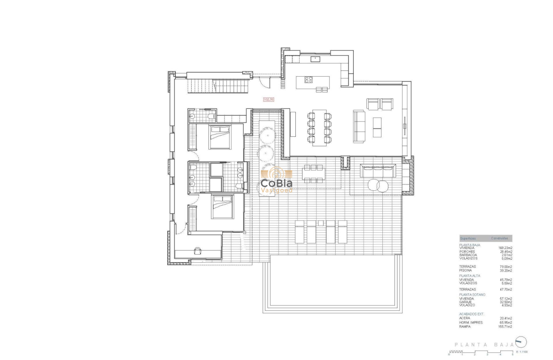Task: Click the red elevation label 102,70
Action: (x=269, y=99)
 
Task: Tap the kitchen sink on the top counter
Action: (x=316, y=58)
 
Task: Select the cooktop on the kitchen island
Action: (x=309, y=79)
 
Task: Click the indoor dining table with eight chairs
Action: (x=319, y=128)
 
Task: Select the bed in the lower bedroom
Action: (x=222, y=207)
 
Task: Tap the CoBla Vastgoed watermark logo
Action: (x=277, y=180)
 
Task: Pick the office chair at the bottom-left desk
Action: (x=198, y=251)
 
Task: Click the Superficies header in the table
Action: (x=467, y=238)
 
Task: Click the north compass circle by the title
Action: (x=521, y=342)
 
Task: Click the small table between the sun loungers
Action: (x=321, y=222)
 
